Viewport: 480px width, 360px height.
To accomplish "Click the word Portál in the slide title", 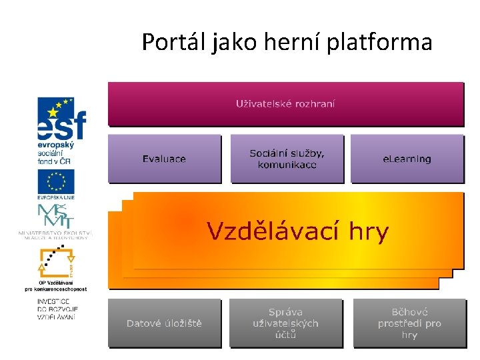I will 174,43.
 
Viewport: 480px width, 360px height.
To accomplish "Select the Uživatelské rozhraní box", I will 285,103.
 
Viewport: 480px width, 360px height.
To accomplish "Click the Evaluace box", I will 164,159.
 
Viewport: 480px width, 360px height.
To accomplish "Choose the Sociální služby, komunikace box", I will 287,159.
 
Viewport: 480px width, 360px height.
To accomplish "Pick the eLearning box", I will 407,159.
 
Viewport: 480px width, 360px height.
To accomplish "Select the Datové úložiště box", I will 164,323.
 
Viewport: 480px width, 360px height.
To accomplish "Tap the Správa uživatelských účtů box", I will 285,323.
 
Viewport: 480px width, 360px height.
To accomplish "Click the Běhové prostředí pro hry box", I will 409,323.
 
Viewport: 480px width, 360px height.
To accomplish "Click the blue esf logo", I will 61,117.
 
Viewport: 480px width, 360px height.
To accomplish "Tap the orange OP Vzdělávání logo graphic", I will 57,262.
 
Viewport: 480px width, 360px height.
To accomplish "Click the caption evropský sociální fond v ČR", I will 55,153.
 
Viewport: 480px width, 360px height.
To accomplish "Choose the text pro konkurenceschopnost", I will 56,289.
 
